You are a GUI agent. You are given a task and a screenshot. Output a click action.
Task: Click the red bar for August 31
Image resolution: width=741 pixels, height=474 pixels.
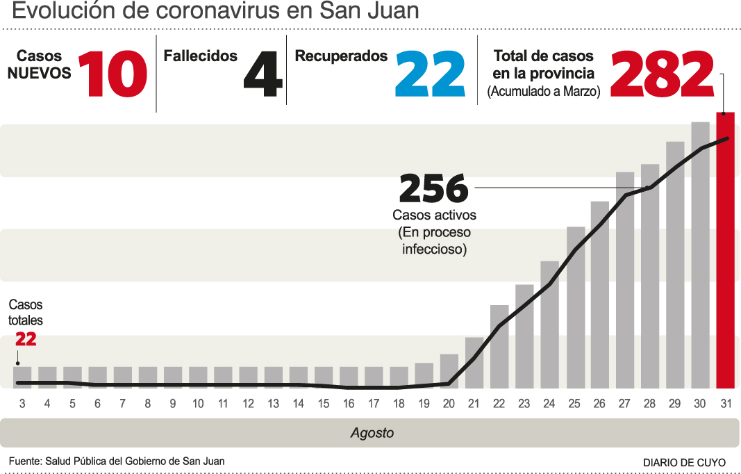(x=725, y=250)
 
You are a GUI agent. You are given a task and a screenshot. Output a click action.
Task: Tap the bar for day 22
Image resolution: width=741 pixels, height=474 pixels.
(x=499, y=346)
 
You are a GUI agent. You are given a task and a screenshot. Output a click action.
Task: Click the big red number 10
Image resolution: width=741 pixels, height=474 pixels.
(x=113, y=75)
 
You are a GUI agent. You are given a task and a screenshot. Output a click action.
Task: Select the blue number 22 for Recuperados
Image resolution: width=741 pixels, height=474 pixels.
(x=430, y=75)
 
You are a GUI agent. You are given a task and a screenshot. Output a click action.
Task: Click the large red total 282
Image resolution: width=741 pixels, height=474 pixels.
(x=662, y=75)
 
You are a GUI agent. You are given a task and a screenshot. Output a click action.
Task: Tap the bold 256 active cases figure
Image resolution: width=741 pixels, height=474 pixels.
(x=433, y=188)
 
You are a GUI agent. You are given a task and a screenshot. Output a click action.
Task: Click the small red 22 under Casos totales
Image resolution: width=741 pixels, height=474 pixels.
(x=26, y=339)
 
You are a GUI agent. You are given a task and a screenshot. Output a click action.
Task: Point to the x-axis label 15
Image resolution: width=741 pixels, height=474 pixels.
(x=324, y=403)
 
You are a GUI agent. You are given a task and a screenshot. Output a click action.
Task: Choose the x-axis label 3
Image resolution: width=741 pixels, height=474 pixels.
(x=22, y=403)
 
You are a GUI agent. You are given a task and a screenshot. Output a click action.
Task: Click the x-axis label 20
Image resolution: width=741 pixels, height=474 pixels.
(x=449, y=403)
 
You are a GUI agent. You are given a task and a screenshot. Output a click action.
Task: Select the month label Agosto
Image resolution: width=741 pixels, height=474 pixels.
(x=372, y=433)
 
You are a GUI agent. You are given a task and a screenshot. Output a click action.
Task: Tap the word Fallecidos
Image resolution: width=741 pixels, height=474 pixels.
(x=200, y=56)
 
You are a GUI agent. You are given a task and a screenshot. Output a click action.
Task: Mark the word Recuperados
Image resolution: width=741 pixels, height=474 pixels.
(x=341, y=56)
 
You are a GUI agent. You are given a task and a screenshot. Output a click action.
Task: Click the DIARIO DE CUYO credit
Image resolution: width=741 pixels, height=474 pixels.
(x=684, y=462)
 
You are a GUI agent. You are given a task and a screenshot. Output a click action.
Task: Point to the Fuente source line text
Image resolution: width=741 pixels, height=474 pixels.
(x=117, y=461)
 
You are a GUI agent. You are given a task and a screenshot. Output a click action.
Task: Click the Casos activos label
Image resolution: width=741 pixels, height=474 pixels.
(x=434, y=215)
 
